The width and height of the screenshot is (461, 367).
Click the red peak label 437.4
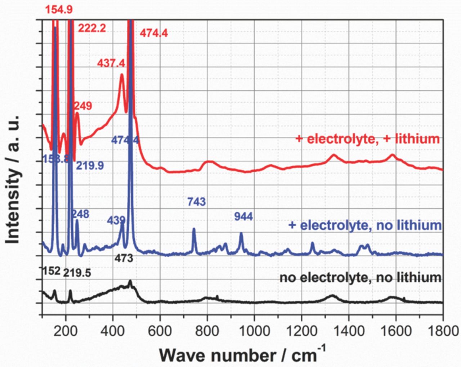pyautogui.click(x=111, y=63)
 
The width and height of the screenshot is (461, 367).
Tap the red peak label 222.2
pyautogui.click(x=92, y=28)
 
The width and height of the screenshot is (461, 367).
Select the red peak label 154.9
pyautogui.click(x=59, y=9)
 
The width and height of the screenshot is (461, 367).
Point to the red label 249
pyautogui.click(x=83, y=106)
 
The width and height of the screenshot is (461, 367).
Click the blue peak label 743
pyautogui.click(x=196, y=202)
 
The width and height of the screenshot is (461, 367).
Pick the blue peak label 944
pyautogui.click(x=243, y=217)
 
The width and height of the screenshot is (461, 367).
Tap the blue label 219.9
pyautogui.click(x=90, y=166)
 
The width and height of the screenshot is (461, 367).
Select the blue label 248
pyautogui.click(x=80, y=214)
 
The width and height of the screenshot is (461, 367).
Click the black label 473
pyautogui.click(x=124, y=258)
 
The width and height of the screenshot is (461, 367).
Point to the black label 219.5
pyautogui.click(x=77, y=273)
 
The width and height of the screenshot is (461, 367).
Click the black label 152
pyautogui.click(x=52, y=271)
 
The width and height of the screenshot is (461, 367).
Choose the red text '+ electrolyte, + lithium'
pyautogui.click(x=367, y=139)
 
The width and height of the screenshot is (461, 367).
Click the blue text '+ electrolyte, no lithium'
pyautogui.click(x=365, y=226)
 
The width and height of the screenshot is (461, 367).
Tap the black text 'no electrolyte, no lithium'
pyautogui.click(x=360, y=278)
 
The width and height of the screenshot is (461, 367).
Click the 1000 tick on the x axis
pyautogui.click(x=254, y=331)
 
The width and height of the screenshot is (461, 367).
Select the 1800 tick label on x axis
pyautogui.click(x=442, y=331)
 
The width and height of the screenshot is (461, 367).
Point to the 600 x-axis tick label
pyautogui.click(x=160, y=331)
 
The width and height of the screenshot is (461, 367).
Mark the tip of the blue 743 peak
pyautogui.click(x=194, y=229)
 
